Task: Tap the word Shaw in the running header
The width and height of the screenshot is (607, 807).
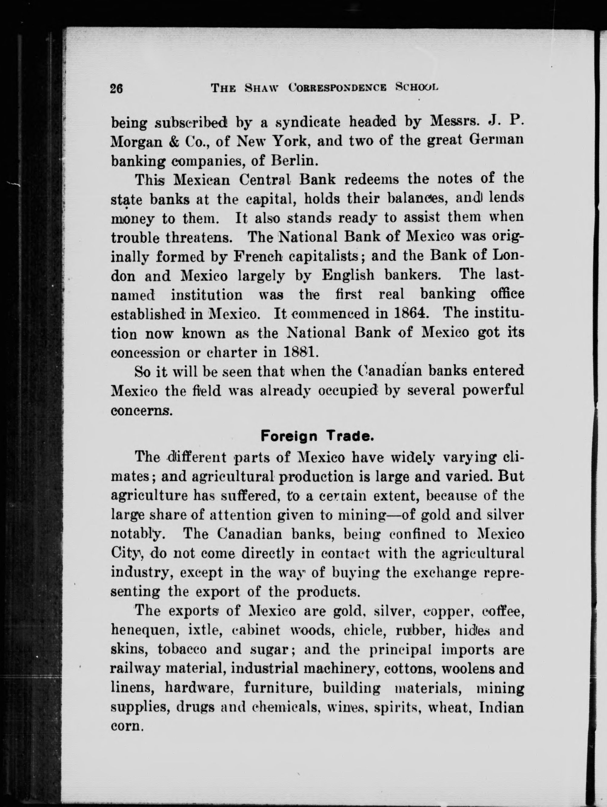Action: (260, 89)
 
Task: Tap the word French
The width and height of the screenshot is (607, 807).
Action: (258, 256)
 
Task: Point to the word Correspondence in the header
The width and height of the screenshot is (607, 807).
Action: (337, 89)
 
